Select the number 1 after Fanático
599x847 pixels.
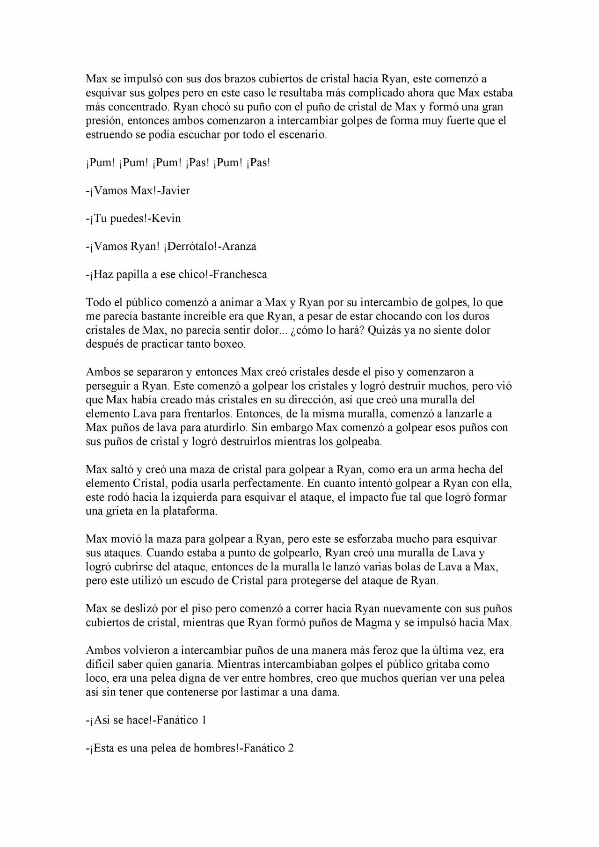click(x=204, y=720)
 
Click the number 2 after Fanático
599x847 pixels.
click(x=291, y=748)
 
